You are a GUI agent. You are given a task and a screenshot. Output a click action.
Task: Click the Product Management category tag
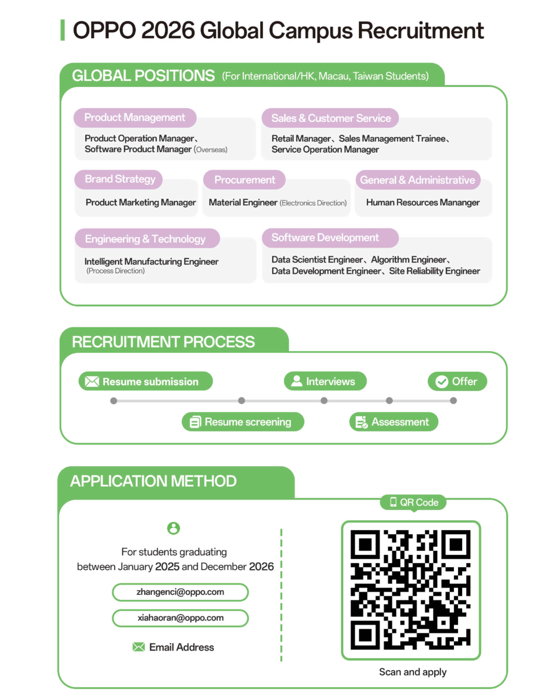click(x=135, y=118)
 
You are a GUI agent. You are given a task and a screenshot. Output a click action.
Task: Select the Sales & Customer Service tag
click(x=330, y=118)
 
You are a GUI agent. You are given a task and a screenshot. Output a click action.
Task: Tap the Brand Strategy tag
click(x=118, y=180)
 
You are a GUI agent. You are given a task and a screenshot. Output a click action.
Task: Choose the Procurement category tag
click(x=244, y=180)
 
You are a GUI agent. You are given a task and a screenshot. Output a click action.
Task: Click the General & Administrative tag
click(x=417, y=180)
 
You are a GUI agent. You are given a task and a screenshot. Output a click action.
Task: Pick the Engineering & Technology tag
click(x=147, y=239)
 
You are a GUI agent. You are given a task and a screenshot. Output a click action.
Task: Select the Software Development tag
click(x=330, y=238)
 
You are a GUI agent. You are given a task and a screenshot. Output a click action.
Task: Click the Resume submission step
click(x=145, y=381)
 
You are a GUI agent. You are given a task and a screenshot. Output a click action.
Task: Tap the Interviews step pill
click(x=325, y=381)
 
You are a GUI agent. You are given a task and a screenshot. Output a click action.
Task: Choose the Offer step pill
click(x=457, y=381)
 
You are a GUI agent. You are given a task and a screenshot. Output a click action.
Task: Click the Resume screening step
click(x=243, y=422)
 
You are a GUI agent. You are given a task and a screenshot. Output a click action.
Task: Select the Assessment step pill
click(x=393, y=422)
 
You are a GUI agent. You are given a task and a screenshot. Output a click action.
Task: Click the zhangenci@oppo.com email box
click(x=180, y=592)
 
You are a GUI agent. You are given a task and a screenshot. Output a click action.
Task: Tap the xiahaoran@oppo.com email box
click(x=180, y=618)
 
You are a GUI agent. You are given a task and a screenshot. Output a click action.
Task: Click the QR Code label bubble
click(x=413, y=502)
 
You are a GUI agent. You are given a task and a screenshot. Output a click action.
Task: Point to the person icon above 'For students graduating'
click(x=173, y=528)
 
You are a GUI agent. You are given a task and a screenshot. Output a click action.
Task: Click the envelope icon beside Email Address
click(x=138, y=647)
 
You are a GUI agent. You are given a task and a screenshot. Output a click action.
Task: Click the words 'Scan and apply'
click(x=413, y=672)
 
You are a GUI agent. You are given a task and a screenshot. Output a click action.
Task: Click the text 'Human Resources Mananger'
click(x=423, y=202)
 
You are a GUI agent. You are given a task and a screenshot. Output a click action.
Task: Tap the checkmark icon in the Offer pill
click(x=442, y=382)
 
